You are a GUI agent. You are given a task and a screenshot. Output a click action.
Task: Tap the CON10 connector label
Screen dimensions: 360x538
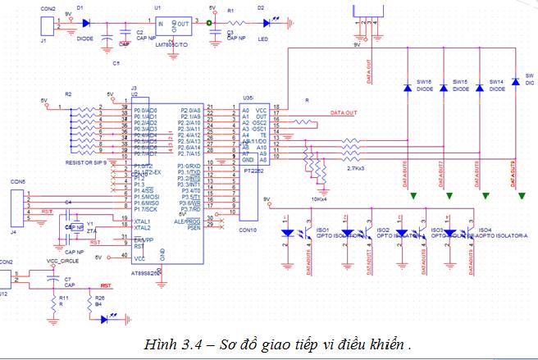pos(248,231)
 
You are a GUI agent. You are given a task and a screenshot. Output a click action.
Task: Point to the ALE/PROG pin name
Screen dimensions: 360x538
pos(189,221)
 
